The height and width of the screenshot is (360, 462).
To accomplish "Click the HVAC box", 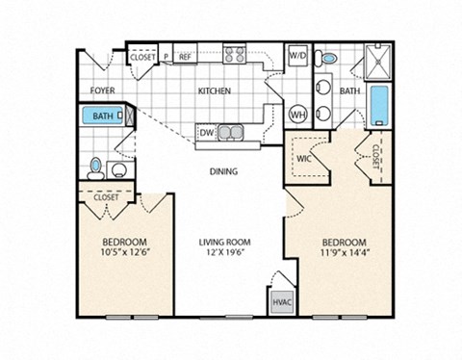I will [280, 301].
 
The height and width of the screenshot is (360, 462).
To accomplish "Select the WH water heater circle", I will [298, 113].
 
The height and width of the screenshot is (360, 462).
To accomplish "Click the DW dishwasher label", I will [206, 132].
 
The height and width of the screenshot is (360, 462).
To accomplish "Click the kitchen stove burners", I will [236, 56].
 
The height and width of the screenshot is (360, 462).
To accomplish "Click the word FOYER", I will [103, 91].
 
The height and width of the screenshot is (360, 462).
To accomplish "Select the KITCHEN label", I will [214, 91].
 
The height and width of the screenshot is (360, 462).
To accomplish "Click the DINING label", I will [224, 173].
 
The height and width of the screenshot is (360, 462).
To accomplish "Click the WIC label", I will [303, 158].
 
